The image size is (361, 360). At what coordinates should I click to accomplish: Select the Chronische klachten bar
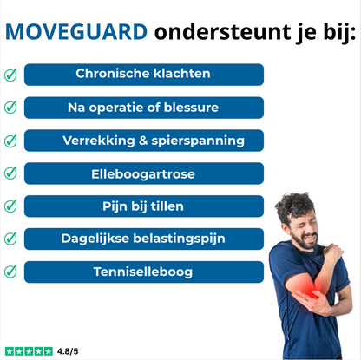point(143,75)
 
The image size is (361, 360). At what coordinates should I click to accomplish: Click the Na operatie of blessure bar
point(143,108)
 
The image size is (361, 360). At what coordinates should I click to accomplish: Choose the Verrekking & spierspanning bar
point(143,141)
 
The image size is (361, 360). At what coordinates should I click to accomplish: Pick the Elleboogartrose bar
point(143,173)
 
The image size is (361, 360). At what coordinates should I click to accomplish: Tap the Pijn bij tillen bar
point(143,206)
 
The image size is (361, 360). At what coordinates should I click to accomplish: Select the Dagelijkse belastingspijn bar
point(143,239)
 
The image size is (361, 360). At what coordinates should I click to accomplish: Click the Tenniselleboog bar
point(143,272)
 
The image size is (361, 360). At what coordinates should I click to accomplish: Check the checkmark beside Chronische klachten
point(10,75)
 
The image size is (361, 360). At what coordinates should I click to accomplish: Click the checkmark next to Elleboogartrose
point(10,173)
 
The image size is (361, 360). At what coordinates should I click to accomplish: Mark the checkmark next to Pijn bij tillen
point(10,206)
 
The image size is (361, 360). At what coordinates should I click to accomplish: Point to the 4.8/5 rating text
point(67,351)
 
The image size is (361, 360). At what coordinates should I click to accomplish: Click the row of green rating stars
point(28,351)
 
